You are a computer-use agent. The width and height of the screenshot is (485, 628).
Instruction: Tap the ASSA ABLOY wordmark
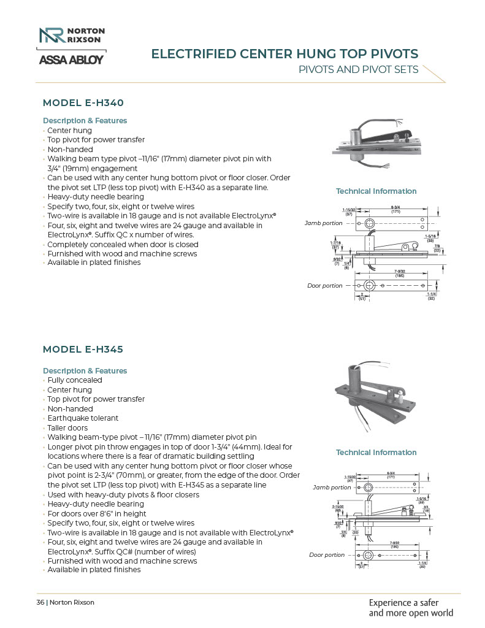tap(71, 59)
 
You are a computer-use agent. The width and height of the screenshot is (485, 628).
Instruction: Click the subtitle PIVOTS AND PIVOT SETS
tap(358, 69)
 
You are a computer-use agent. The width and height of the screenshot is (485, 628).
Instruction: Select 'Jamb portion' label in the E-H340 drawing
tap(323, 223)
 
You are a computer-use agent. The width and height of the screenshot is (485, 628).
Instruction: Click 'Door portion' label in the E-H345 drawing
tap(326, 555)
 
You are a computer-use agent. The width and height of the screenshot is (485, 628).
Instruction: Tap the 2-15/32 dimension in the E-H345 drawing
tap(337, 507)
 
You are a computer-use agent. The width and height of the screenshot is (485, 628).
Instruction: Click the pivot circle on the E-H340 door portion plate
tap(369, 286)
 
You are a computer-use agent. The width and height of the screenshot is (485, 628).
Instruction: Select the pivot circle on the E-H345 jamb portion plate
tap(368, 487)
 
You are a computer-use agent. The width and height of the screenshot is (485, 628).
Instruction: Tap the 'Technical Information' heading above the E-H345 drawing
tap(376, 453)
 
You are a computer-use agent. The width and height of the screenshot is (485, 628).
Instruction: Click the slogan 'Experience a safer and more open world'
tap(411, 607)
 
